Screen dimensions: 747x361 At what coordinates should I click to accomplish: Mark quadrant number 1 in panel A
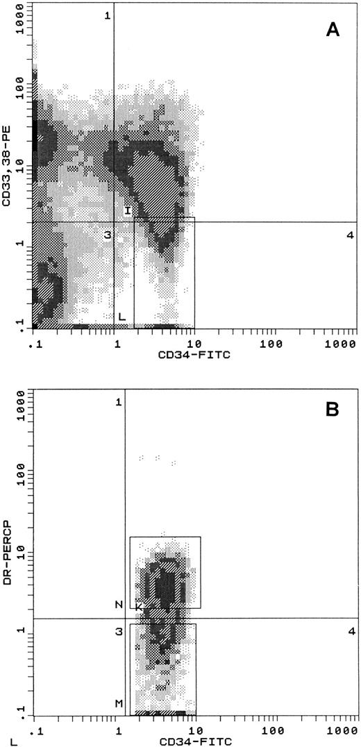point(108,15)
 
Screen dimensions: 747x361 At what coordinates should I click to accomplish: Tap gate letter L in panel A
point(121,317)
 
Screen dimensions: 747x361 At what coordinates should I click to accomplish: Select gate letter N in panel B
point(119,605)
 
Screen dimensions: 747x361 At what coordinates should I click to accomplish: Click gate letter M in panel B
point(119,703)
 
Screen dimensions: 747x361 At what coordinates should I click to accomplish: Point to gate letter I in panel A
point(128,210)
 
